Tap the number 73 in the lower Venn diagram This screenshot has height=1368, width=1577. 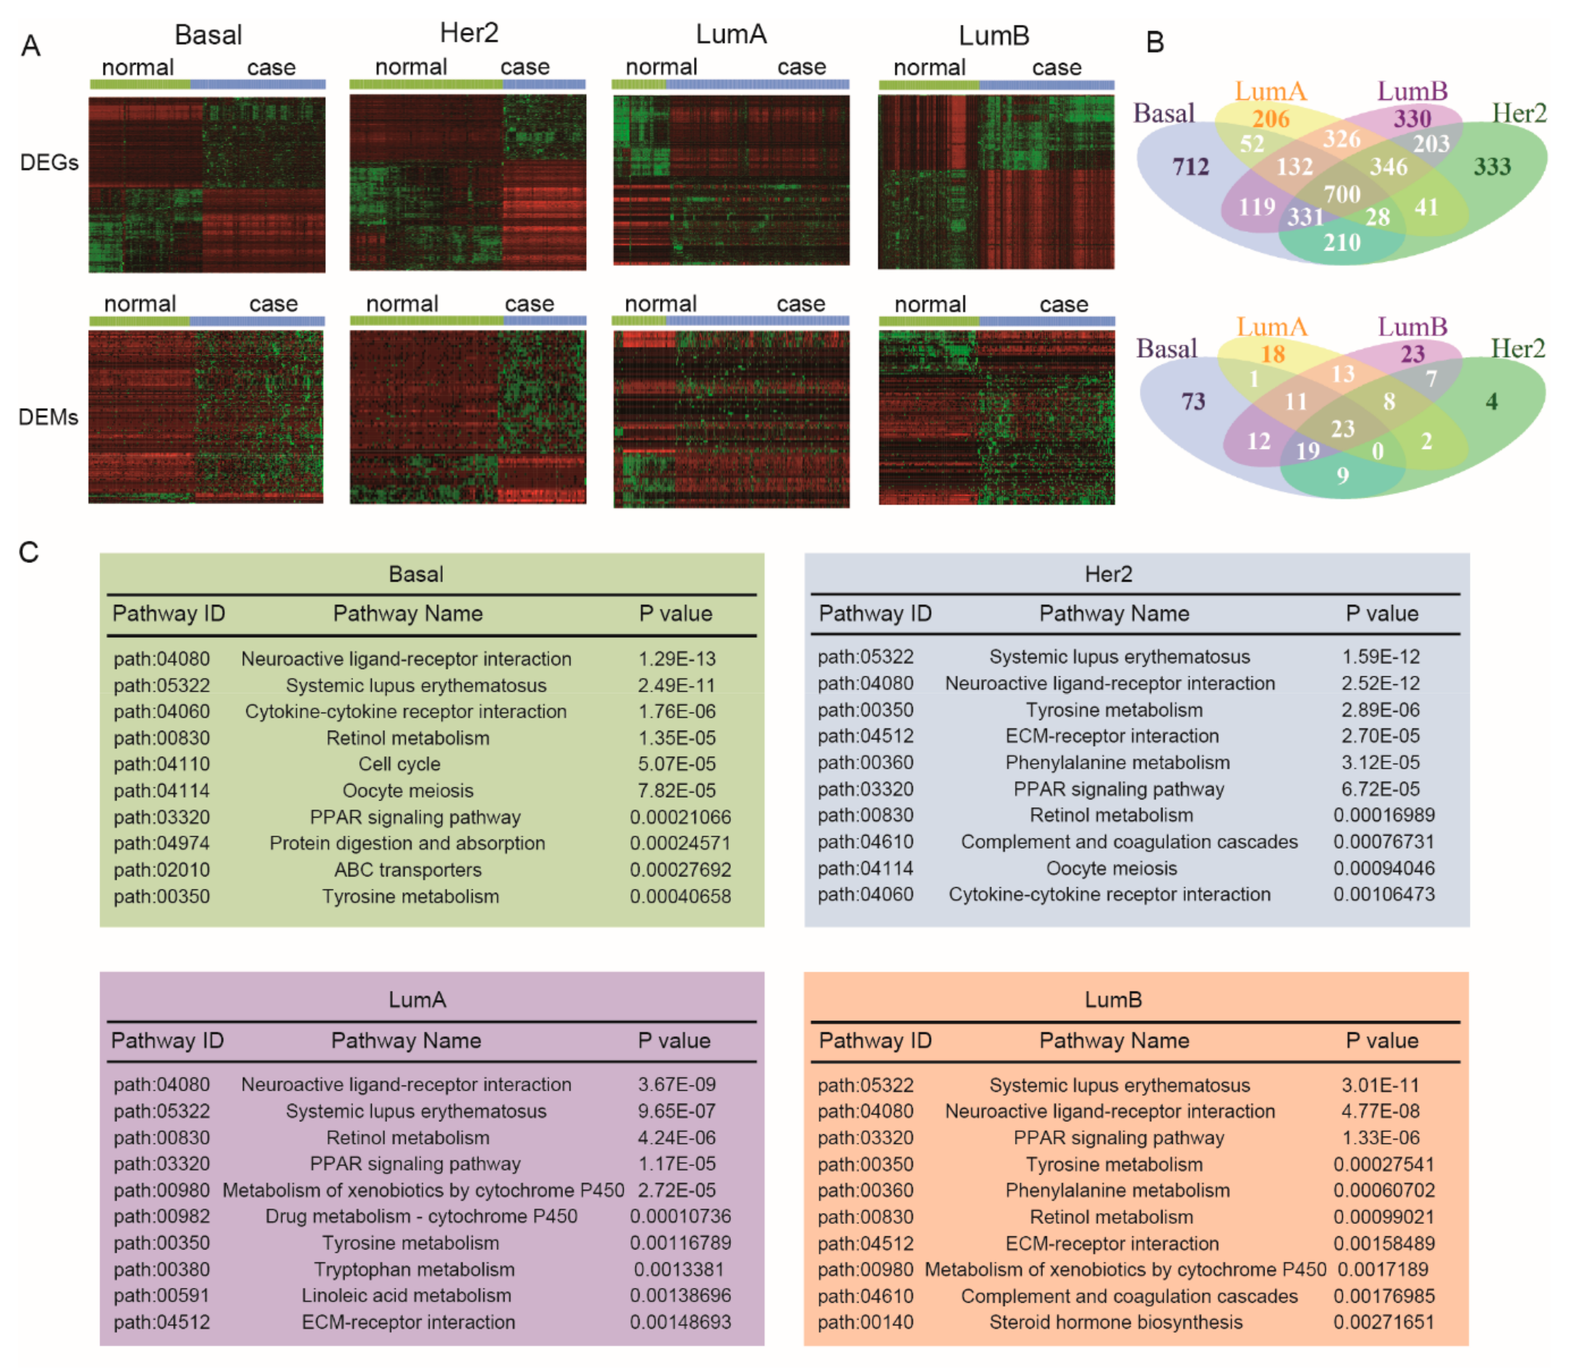[x=1193, y=402]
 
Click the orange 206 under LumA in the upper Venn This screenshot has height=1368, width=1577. [x=1271, y=119]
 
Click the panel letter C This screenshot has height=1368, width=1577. [x=29, y=552]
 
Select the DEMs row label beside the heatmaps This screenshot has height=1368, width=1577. [x=48, y=417]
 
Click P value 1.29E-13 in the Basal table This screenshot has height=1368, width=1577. [x=677, y=659]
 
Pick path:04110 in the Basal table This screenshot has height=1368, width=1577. [x=161, y=764]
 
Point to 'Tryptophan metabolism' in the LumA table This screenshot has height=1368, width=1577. [x=414, y=1269]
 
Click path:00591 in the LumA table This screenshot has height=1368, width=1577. [x=161, y=1296]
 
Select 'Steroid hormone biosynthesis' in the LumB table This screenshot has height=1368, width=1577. [x=1116, y=1322]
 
